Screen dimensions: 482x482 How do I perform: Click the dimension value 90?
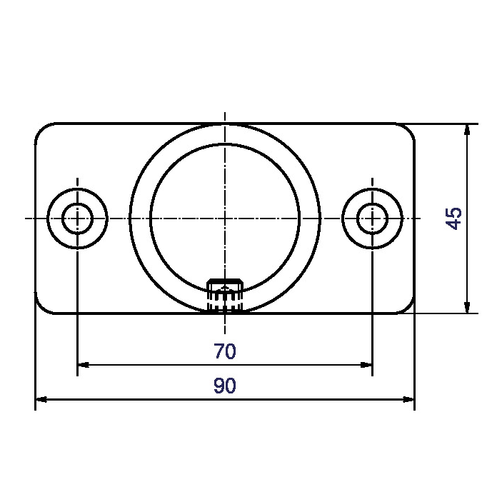pyautogui.click(x=224, y=386)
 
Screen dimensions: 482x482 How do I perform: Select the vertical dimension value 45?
pyautogui.click(x=454, y=218)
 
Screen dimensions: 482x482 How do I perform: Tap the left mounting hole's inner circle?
pyautogui.click(x=76, y=218)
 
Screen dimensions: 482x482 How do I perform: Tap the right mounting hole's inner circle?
pyautogui.click(x=372, y=218)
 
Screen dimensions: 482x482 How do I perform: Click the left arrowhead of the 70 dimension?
pyautogui.click(x=82, y=365)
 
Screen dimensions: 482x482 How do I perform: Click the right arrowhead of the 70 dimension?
pyautogui.click(x=367, y=365)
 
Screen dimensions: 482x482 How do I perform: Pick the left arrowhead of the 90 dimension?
pyautogui.click(x=41, y=400)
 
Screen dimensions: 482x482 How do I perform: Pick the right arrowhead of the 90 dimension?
pyautogui.click(x=409, y=400)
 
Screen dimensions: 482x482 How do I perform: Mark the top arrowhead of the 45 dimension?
pyautogui.click(x=467, y=129)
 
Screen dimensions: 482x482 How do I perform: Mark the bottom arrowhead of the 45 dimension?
pyautogui.click(x=467, y=308)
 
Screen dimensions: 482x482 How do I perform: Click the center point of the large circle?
pyautogui.click(x=225, y=218)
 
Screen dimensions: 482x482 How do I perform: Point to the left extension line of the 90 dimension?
pyautogui.click(x=36, y=357)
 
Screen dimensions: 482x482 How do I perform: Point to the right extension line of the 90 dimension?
pyautogui.click(x=414, y=357)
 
